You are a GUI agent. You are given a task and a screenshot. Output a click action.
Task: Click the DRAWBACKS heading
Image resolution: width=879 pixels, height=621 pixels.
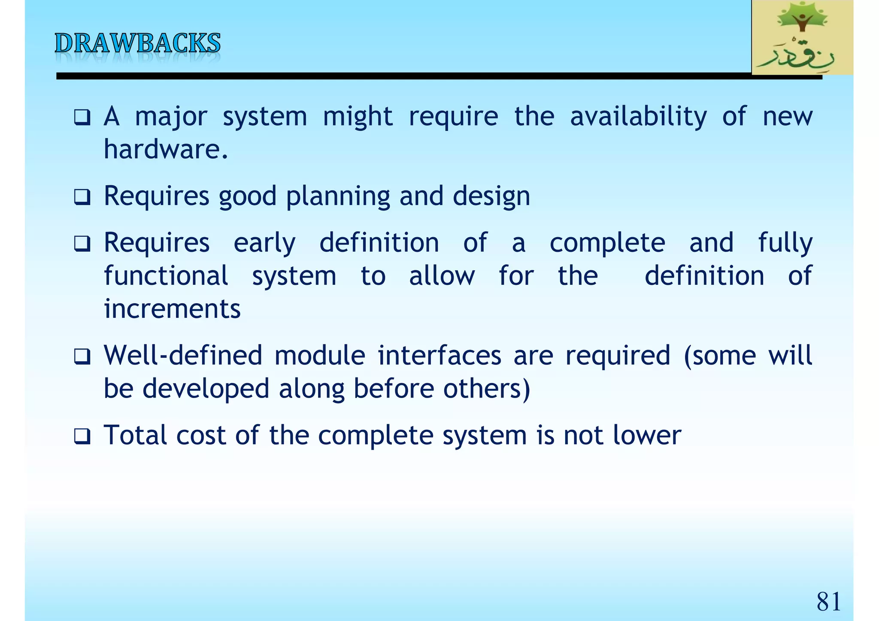pos(137,44)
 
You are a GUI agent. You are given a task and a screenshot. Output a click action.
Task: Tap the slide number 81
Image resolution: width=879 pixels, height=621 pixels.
pos(828,601)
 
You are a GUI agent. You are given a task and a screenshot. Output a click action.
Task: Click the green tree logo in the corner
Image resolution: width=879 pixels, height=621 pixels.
pos(802,38)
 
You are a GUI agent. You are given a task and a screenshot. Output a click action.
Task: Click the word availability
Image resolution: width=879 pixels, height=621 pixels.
pos(638,117)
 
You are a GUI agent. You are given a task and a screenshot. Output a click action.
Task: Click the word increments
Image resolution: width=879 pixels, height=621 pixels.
pos(172,309)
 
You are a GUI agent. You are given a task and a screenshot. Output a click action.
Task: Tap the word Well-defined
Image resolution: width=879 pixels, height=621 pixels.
pos(183,356)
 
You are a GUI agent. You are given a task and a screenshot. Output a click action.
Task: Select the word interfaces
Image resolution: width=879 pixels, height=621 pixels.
pos(439,356)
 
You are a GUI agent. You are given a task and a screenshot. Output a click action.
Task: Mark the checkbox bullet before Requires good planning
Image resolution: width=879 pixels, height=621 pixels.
pos(82,198)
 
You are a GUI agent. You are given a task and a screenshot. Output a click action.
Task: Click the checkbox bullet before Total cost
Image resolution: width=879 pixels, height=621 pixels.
pos(82,437)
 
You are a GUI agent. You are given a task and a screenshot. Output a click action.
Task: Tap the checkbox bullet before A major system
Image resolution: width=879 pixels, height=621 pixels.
pos(82,118)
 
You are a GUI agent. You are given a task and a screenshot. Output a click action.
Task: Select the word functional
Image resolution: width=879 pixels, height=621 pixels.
pos(166,276)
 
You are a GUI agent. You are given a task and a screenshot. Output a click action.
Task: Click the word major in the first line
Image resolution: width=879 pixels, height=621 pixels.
pos(171,117)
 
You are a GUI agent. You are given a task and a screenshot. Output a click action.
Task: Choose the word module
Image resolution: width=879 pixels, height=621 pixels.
pos(319,356)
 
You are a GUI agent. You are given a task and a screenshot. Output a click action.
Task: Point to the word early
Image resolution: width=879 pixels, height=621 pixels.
pos(264,243)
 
